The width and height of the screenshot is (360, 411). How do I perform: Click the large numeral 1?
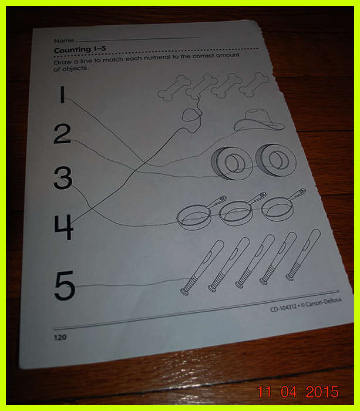coord(62,95)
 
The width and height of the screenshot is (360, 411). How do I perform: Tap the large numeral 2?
coord(62,134)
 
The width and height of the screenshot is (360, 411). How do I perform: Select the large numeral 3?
coord(63,178)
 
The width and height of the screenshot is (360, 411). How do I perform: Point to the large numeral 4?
coord(64,227)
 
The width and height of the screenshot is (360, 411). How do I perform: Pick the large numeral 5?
coord(65,285)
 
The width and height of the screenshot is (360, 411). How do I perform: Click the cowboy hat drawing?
coord(260,120)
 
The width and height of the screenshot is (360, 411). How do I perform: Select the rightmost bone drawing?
coord(254,84)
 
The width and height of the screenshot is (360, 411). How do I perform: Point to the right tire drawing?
coord(276,160)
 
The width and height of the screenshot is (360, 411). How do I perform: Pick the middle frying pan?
coord(242,208)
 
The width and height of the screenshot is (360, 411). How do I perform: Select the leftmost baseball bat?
coord(202,267)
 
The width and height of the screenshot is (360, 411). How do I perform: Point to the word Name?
coord(63,41)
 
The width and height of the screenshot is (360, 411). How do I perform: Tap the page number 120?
coord(60,337)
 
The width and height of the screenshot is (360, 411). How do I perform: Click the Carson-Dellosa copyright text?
coord(321,303)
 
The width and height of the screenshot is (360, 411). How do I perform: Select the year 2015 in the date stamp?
coord(322,392)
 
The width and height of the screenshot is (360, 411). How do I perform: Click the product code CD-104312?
coord(284,308)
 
